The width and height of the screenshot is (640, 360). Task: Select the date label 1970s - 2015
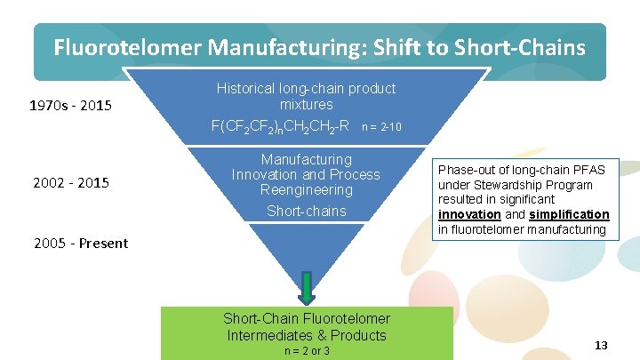click(x=70, y=107)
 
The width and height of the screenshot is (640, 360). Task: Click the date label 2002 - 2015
click(x=70, y=183)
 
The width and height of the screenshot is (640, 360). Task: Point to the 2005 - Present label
click(x=81, y=243)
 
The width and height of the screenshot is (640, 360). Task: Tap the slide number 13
click(x=601, y=345)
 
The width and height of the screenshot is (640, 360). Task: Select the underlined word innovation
click(x=469, y=215)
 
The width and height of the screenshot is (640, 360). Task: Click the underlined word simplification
click(x=570, y=215)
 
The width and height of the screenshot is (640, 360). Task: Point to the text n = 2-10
click(x=383, y=128)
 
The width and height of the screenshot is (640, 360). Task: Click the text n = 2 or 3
click(x=307, y=351)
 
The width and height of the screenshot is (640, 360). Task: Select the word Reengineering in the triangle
click(x=307, y=190)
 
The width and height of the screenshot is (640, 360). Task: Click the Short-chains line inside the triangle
click(x=307, y=211)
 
